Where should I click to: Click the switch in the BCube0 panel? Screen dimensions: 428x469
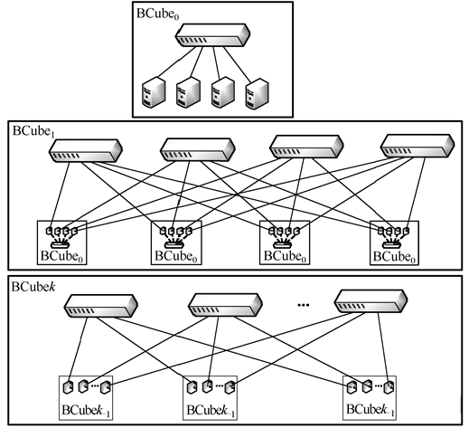213,37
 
